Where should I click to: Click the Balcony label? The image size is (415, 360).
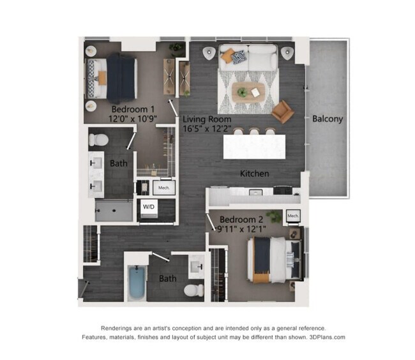pos(328,119)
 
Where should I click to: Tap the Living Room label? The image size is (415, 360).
pos(207,119)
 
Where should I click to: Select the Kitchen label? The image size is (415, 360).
pos(254,174)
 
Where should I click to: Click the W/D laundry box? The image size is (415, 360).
pos(149,207)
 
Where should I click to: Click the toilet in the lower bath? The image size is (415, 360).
pos(193,290)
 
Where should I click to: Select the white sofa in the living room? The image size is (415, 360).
pos(248,58)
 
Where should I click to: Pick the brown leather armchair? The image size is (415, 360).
pos(282,111)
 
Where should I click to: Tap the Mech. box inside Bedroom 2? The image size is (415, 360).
pos(293,216)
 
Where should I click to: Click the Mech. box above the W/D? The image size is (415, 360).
pos(163,188)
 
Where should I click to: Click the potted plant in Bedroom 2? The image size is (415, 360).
pos(274,216)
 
